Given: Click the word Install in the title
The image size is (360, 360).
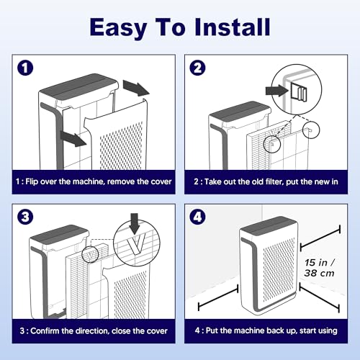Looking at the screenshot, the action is (233, 27).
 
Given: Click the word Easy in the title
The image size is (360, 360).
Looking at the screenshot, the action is (118, 29).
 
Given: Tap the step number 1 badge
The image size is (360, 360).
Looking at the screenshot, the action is (25, 68).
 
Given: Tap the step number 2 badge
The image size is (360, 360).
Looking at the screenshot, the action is (197, 68).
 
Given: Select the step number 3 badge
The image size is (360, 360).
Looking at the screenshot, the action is (25, 217).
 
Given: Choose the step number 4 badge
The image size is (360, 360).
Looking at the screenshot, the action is (197, 217).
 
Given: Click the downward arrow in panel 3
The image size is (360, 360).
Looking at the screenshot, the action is (135, 224).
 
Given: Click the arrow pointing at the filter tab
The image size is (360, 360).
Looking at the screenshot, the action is (276, 91).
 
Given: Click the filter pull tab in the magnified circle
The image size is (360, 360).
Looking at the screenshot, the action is (299, 91).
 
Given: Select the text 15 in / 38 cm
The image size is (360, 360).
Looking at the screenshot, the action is (320, 268).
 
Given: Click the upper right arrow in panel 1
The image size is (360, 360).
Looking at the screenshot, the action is (136, 88).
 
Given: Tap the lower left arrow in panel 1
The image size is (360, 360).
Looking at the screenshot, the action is (73, 138).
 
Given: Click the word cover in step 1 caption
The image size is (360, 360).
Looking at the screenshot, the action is (161, 181).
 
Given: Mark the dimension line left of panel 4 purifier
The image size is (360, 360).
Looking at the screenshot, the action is (218, 297).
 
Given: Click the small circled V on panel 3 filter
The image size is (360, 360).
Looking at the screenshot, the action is (90, 254).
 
